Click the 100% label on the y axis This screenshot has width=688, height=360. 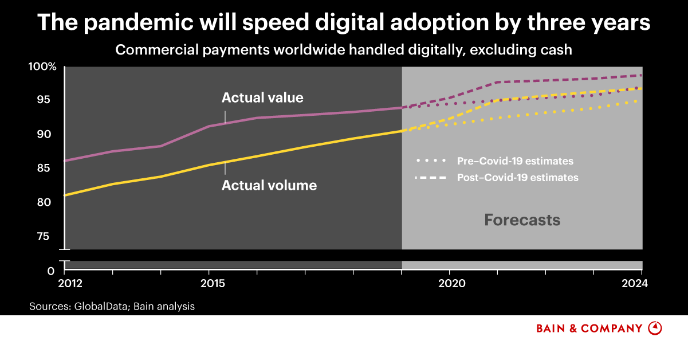[43, 67]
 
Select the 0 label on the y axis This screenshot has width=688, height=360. [51, 271]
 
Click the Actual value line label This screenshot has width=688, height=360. [262, 98]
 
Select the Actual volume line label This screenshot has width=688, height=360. [269, 186]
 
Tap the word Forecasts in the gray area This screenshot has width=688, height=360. [522, 220]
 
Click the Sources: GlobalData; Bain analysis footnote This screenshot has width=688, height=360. [112, 307]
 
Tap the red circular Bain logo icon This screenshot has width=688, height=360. [655, 328]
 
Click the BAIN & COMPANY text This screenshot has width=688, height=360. [589, 328]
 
